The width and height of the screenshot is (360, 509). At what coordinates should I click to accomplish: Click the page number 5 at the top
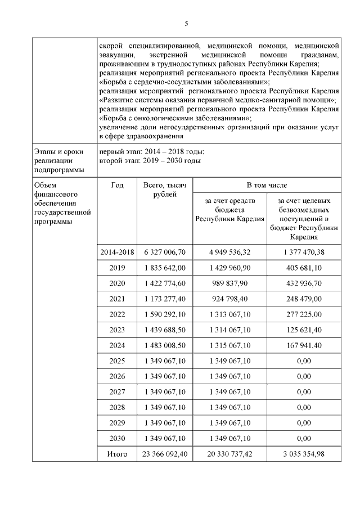tap(186, 23)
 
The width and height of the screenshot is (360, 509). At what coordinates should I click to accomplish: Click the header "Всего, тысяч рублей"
tap(165, 190)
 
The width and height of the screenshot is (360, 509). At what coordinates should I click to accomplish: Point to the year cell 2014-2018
tap(118, 253)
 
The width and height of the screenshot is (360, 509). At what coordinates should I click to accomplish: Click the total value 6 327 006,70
tap(165, 253)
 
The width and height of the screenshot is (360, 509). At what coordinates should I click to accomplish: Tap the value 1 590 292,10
tap(165, 313)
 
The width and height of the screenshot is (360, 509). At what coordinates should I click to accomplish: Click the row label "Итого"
tap(118, 453)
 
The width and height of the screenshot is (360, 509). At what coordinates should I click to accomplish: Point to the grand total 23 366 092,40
tap(165, 453)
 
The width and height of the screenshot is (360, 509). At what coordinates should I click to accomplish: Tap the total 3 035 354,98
tap(304, 453)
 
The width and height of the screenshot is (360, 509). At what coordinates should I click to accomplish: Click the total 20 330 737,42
tap(229, 453)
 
